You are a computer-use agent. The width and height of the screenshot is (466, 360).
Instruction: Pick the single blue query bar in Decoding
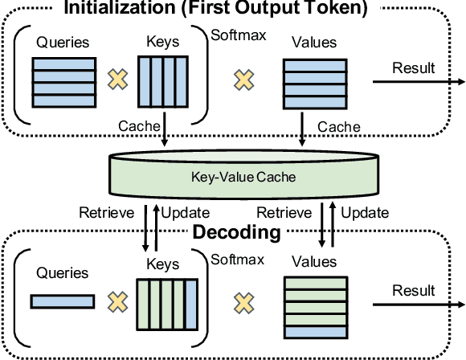point(63,302)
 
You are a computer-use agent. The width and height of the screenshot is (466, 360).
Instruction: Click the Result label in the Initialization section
point(414,67)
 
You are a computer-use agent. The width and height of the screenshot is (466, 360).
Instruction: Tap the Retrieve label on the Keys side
point(101,214)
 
